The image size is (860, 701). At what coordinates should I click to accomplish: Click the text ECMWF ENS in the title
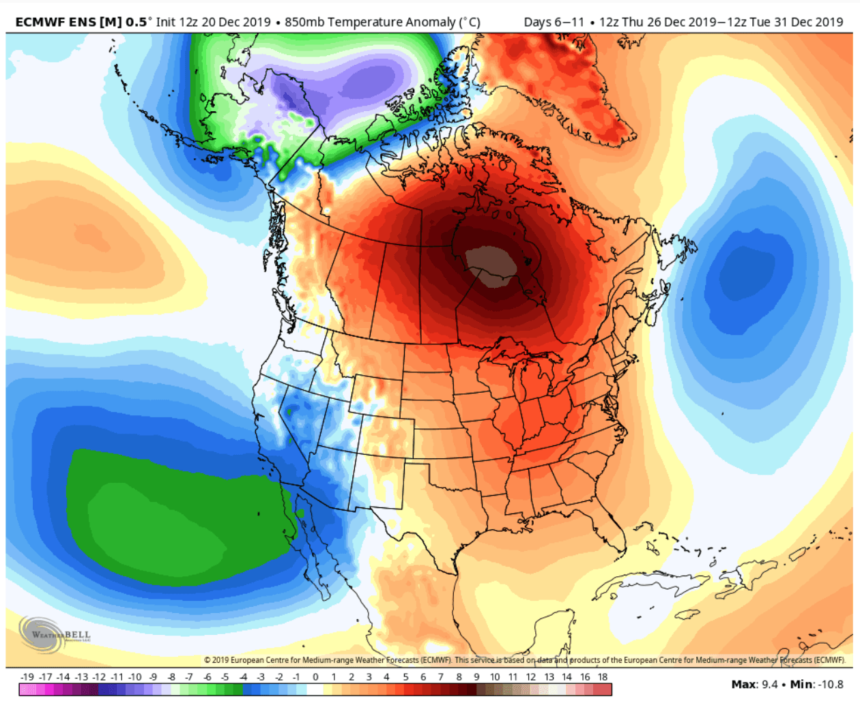click(56, 22)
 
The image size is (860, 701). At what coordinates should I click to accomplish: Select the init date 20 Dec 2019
click(236, 22)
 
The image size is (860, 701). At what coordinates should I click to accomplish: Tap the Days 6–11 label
click(554, 22)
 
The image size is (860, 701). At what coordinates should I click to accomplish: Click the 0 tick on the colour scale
click(315, 677)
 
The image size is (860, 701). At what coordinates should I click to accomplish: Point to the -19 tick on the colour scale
click(27, 677)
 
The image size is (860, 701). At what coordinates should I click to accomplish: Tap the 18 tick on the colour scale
click(603, 677)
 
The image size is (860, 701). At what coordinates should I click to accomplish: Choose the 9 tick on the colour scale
click(477, 677)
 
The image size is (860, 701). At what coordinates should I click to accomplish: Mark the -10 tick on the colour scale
click(135, 677)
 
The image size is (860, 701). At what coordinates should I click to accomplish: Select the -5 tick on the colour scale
click(225, 677)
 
